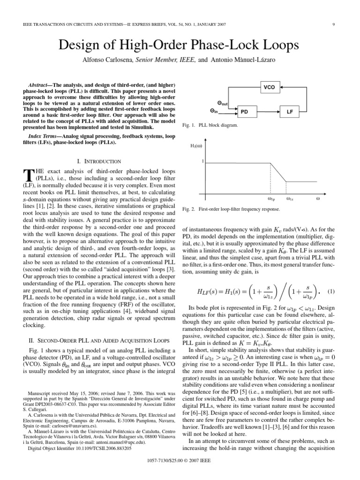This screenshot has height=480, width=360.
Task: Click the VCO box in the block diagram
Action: point(269,87)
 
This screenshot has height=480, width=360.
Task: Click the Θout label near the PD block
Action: point(222,103)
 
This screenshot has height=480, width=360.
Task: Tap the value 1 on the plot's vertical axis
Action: point(202,162)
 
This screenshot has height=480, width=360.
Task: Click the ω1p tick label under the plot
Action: point(271,199)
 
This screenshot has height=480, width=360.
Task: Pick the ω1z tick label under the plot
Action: point(290,199)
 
